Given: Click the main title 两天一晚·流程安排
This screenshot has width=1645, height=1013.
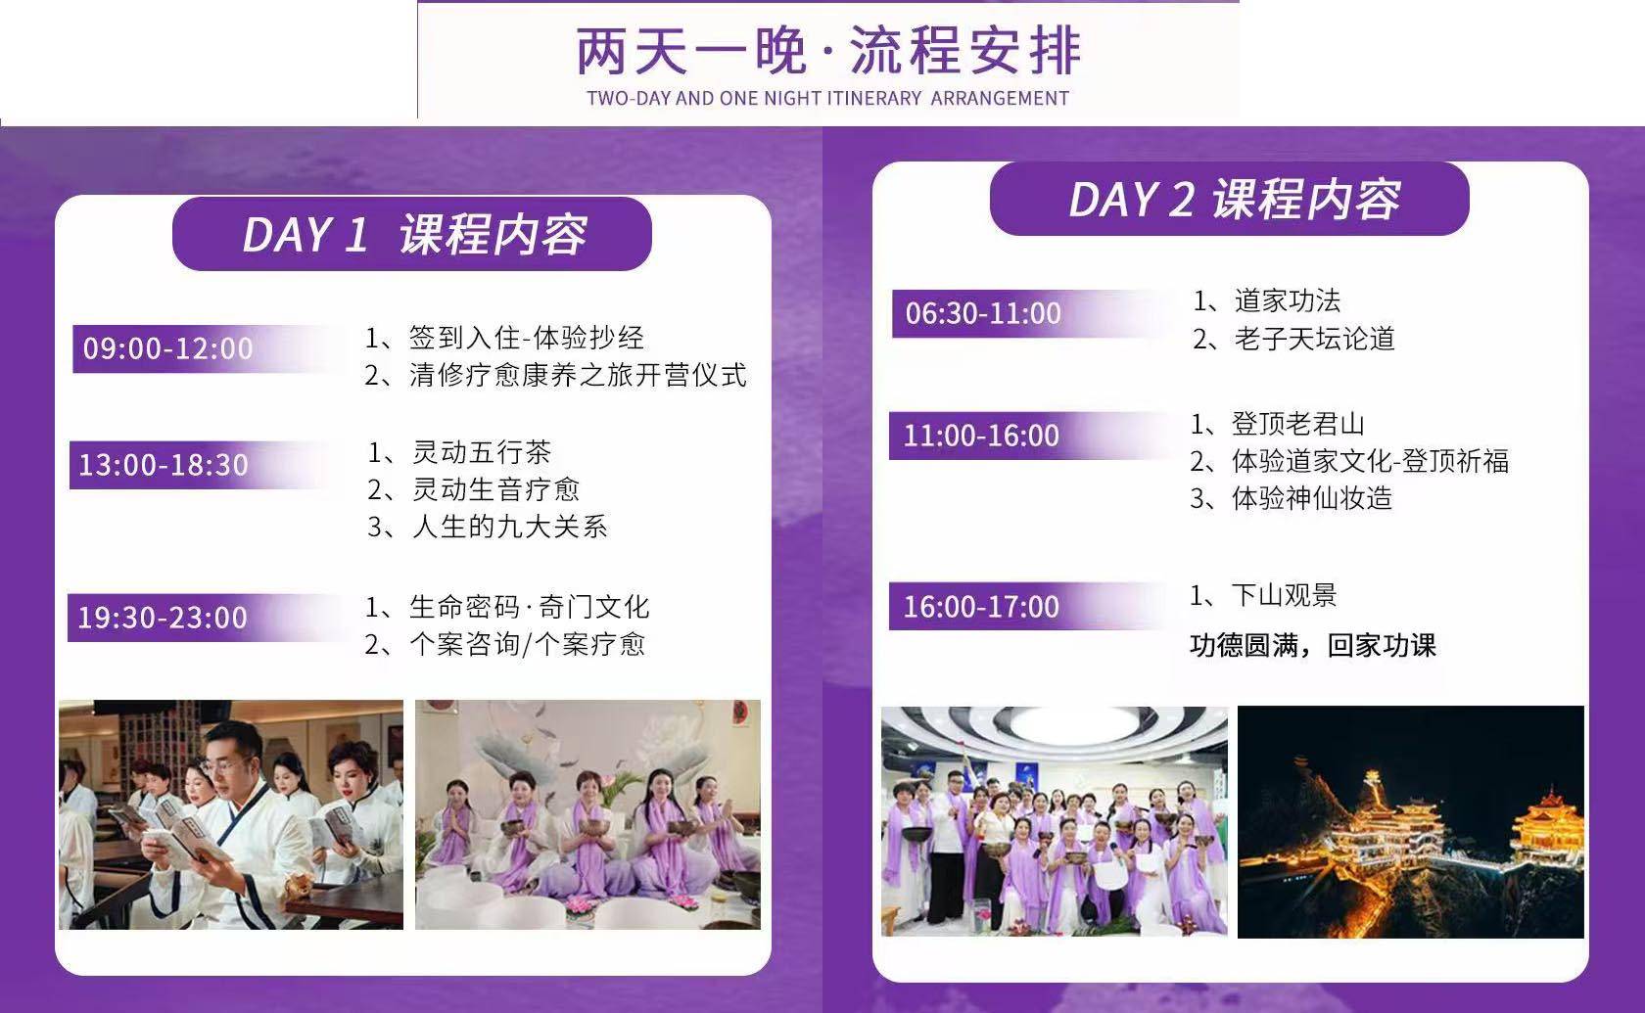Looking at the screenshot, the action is click(828, 50).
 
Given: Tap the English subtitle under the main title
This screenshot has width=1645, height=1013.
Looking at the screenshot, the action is click(827, 98).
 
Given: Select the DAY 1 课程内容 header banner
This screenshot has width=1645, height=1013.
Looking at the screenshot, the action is click(412, 234).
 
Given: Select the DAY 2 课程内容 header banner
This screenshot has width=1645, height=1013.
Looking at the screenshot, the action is click(1230, 198).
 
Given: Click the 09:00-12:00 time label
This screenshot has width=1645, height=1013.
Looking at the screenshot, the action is click(167, 348).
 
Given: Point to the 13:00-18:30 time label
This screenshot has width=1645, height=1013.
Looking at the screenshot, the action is click(163, 465).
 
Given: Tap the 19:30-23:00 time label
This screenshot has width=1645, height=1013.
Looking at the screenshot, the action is click(163, 618).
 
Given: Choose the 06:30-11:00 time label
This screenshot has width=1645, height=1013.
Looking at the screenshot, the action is click(983, 313).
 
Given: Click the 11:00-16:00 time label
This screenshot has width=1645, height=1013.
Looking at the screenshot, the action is click(981, 436).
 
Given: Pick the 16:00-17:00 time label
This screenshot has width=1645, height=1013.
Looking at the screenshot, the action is click(981, 607).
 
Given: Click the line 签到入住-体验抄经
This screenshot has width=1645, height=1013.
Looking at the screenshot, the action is click(504, 338).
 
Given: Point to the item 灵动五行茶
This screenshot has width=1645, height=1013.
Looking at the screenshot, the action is click(459, 452).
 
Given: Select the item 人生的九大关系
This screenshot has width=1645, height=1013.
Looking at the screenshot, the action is click(488, 527).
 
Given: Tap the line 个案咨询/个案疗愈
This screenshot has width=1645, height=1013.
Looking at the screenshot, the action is click(505, 644).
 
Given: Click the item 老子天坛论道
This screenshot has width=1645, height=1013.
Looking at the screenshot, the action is click(1293, 339).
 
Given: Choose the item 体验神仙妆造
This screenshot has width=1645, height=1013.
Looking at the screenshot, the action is click(1291, 498).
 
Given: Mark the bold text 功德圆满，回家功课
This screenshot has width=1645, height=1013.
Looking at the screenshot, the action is click(1312, 645).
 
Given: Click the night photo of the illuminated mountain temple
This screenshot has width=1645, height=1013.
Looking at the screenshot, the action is click(1411, 822).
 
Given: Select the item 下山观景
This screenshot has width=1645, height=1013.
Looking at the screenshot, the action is click(1263, 595).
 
